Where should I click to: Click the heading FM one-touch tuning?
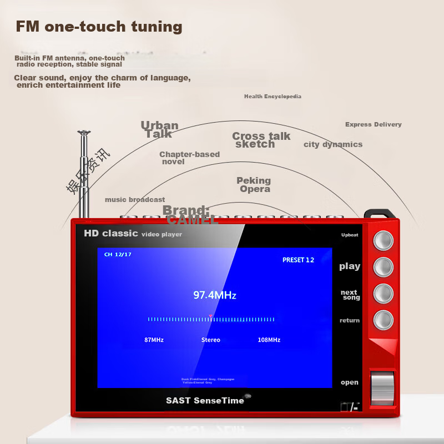(x=99, y=27)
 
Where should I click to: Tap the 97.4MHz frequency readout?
(x=214, y=295)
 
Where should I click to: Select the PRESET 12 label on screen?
(x=298, y=260)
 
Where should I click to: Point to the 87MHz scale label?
(x=154, y=340)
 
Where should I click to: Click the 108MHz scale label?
(x=269, y=340)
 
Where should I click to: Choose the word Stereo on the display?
(x=210, y=340)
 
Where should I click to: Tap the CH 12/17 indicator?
(x=118, y=254)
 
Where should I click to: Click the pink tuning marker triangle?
(x=210, y=316)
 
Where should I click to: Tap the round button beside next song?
(x=383, y=294)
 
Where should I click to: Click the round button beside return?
(x=383, y=320)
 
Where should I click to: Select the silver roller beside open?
(x=382, y=386)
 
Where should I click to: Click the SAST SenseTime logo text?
(x=205, y=400)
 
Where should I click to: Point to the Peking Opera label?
(x=254, y=185)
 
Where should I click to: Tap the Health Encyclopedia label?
(x=273, y=97)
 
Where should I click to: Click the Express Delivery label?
(x=373, y=124)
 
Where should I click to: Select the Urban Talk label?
(x=159, y=129)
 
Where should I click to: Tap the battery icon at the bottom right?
(x=346, y=407)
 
